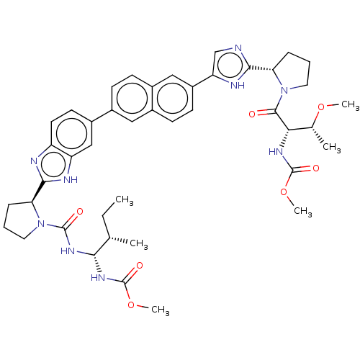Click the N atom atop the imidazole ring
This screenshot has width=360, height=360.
tap(238, 48)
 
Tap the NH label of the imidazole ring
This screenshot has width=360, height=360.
tap(238, 85)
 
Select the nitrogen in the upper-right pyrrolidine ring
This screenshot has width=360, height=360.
tap(284, 91)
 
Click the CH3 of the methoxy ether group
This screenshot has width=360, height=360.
tap(350, 105)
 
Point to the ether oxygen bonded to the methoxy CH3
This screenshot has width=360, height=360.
tap(321, 107)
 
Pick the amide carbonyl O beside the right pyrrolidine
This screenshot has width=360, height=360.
tap(252, 114)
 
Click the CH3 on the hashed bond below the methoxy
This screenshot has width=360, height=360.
tap(332, 147)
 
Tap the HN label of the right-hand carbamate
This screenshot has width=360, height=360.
tap(276, 152)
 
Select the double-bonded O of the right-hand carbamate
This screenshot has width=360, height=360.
tap(316, 168)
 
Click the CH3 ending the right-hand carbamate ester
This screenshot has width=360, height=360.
tap(303, 211)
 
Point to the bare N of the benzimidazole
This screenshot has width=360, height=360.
tap(34, 161)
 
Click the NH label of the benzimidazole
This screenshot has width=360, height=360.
tap(71, 179)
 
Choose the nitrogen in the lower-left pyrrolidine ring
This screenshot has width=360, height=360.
tap(41, 224)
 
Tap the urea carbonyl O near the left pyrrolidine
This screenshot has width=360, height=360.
tap(80, 212)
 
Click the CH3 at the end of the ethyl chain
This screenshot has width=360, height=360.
tap(125, 200)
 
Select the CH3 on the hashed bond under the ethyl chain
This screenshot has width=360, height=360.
tap(139, 243)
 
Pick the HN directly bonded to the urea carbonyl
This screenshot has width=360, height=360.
tap(68, 251)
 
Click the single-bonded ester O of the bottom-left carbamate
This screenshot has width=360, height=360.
tap(131, 305)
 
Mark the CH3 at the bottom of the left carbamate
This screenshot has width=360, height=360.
tap(161, 310)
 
